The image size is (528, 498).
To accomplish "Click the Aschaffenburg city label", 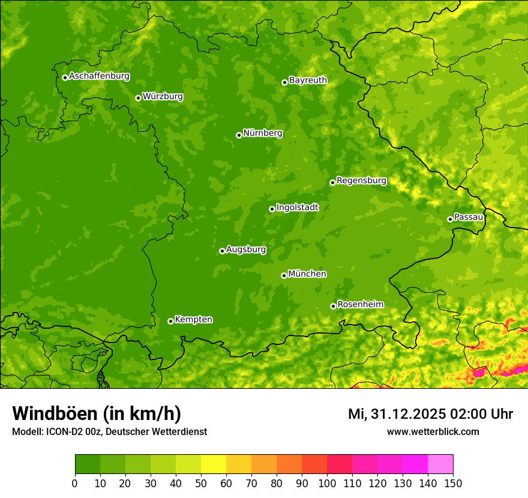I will (x=99, y=76).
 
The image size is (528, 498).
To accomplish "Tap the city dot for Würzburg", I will (x=138, y=98).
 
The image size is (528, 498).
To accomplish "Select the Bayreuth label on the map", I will (x=308, y=80).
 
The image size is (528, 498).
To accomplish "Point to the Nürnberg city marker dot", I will (x=239, y=135).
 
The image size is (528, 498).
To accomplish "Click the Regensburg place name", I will (x=361, y=180).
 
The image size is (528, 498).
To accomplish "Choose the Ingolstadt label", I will (x=297, y=207).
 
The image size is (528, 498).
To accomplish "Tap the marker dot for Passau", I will (x=450, y=219).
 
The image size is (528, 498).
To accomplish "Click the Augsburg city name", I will (x=246, y=249).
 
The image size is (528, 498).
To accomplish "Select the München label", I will (x=307, y=274).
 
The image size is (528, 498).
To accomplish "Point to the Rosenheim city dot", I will (x=333, y=306).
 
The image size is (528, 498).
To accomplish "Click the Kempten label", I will (x=193, y=319).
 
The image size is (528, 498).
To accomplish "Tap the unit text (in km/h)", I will (x=142, y=413).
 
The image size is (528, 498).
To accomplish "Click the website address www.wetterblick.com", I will (x=433, y=431).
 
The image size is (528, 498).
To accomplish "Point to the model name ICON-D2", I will (x=60, y=431).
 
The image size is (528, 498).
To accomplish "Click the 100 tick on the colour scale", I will (x=327, y=483).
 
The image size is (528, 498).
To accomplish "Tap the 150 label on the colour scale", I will (x=453, y=483).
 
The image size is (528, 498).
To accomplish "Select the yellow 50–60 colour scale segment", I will (x=214, y=464).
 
